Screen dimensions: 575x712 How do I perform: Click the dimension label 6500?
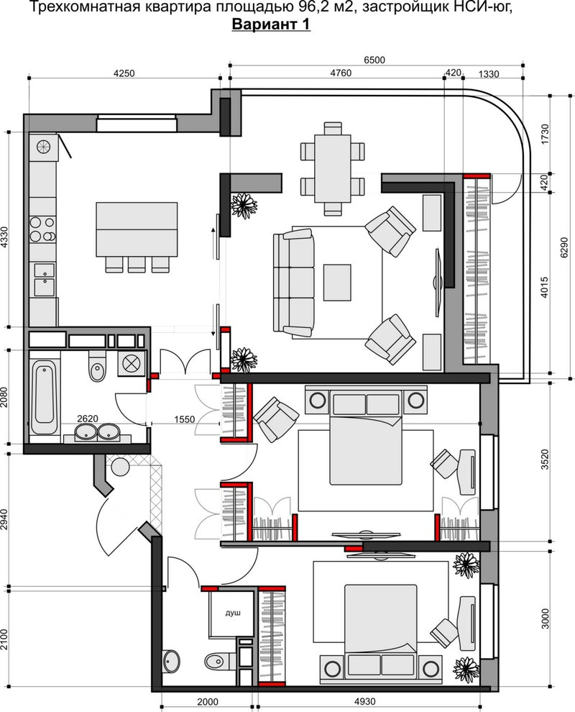point(374,60)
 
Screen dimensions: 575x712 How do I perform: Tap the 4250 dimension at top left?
point(124,73)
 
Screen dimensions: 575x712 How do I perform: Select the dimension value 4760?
point(341,73)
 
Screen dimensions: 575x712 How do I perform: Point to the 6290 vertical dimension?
point(564,248)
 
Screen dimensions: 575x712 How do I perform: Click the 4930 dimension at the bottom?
point(364,701)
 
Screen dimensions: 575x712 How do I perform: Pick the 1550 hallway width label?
point(184,419)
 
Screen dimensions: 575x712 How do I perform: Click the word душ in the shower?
point(233,613)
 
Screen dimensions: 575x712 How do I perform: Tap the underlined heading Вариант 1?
point(271,24)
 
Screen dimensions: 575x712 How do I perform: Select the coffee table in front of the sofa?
point(337,283)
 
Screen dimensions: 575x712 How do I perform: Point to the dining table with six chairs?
point(333,168)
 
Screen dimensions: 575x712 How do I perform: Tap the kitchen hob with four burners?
point(42,229)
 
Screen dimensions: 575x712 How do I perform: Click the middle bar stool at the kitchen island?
point(137,264)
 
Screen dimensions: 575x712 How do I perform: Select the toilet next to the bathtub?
point(96,366)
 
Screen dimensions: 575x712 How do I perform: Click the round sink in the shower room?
point(172,660)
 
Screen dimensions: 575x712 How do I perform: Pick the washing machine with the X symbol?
point(131,363)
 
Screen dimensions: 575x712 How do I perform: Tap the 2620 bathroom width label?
point(88,418)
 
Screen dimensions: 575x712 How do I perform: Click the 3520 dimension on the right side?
point(545,460)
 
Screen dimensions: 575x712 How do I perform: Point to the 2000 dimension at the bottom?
point(208,701)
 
